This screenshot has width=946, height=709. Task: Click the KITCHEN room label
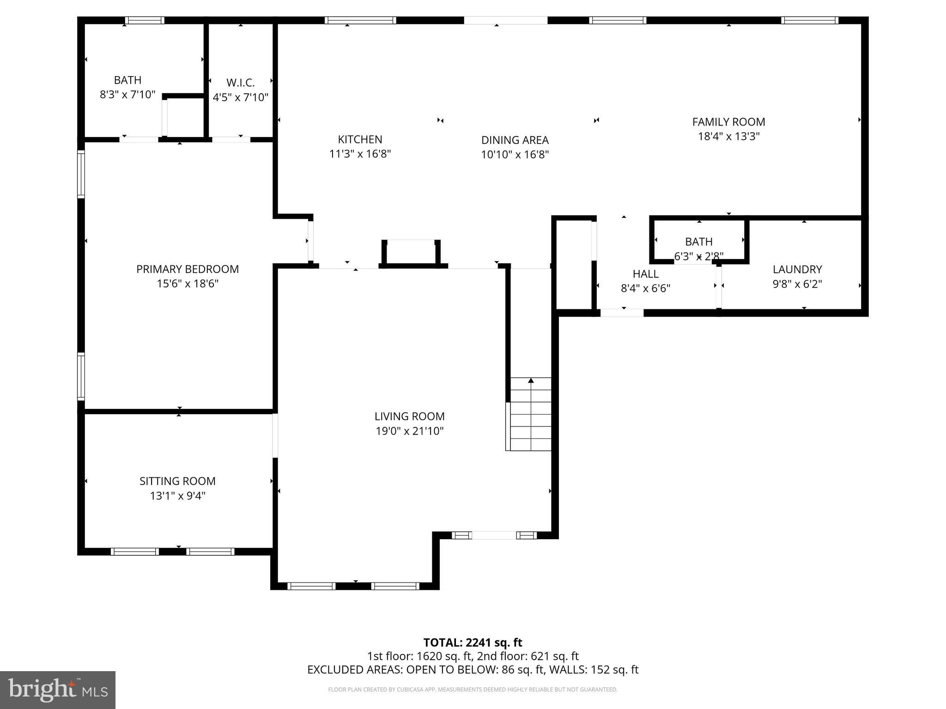pos(360,139)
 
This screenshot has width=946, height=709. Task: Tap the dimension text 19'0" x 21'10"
pos(409,431)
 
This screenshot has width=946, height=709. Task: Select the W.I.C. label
pos(240,83)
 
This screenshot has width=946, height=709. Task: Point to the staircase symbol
pos(530,414)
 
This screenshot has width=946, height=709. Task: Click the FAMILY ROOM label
pos(728,122)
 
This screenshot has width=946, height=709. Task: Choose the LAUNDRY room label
pos(797,269)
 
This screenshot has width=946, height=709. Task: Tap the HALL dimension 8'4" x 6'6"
pos(645,288)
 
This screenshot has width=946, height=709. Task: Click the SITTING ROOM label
pos(177,481)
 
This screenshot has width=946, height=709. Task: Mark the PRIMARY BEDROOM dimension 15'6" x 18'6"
pos(188,283)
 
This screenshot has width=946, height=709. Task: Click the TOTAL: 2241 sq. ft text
pos(473,643)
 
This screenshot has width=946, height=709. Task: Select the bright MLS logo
pos(58,690)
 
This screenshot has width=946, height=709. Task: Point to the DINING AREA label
pos(515,140)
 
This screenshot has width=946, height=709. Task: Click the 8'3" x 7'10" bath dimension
pos(127,95)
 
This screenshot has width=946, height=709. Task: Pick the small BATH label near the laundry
pos(698,241)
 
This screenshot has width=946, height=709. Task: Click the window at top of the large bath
pos(145,20)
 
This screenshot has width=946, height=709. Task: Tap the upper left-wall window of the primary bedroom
pos(81,174)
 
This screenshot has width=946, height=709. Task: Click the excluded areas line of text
pos(473,670)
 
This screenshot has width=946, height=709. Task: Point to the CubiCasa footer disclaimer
pos(473,690)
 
